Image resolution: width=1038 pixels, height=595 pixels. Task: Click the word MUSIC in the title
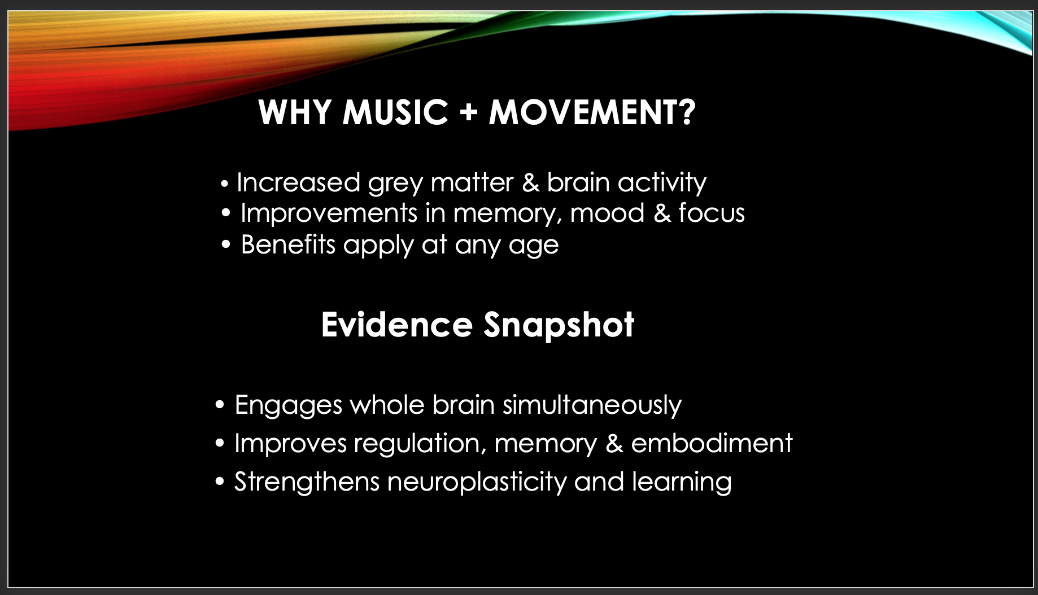[395, 112]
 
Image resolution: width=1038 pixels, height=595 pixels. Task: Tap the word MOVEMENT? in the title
[592, 112]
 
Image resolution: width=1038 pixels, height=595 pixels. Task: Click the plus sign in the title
[469, 113]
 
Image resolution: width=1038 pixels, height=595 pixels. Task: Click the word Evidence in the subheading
[397, 325]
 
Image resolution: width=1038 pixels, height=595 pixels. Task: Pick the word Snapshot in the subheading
[559, 326]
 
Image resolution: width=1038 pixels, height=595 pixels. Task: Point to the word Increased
[298, 182]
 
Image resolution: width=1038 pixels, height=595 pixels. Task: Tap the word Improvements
[329, 213]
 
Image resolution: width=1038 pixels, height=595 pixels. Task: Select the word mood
[607, 213]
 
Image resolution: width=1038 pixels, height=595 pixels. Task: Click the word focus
[712, 213]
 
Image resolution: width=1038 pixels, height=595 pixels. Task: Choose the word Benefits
[288, 244]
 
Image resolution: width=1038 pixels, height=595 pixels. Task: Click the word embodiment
[712, 443]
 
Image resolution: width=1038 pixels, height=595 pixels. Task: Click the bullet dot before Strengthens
[220, 482]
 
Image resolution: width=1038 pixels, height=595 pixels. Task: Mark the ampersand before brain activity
[530, 183]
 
